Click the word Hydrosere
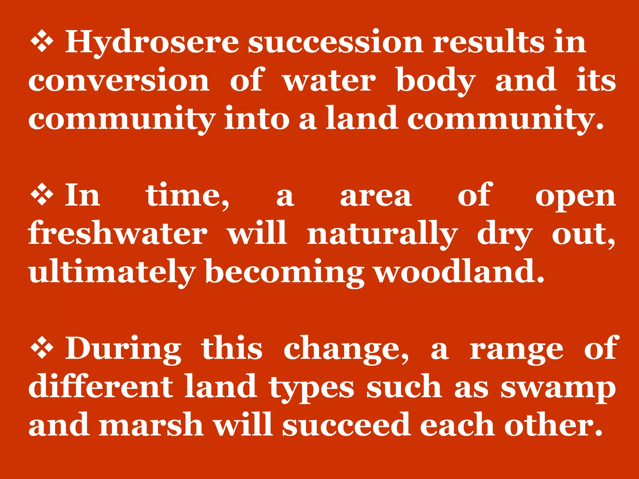pyautogui.click(x=152, y=43)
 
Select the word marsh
pyautogui.click(x=151, y=425)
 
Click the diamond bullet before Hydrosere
pyautogui.click(x=42, y=43)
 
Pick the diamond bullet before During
pyautogui.click(x=42, y=349)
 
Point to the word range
pyautogui.click(x=516, y=350)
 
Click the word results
pyautogui.click(x=488, y=43)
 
